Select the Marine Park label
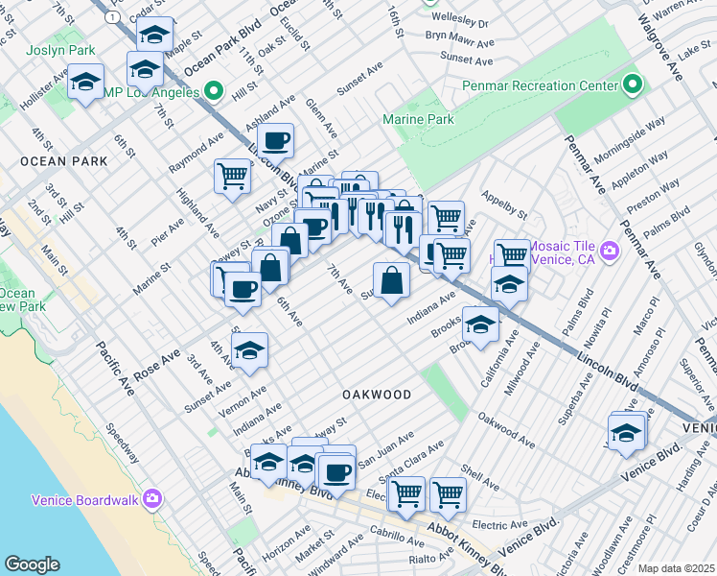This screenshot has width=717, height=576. tap(418, 120)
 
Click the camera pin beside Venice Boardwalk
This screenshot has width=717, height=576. tap(152, 499)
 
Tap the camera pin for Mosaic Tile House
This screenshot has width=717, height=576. tap(610, 253)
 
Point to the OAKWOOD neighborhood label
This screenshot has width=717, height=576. tap(377, 395)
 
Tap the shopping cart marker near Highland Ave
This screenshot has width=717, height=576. tap(232, 176)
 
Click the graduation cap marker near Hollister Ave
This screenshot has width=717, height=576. tap(86, 82)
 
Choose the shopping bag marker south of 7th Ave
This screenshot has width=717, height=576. tap(391, 280)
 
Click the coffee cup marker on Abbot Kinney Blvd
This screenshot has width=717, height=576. tap(336, 471)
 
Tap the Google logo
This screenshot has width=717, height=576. tap(32, 564)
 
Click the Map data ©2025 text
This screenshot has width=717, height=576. tap(677, 568)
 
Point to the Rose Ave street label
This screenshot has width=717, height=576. tap(157, 365)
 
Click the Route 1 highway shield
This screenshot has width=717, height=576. tap(114, 17)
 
